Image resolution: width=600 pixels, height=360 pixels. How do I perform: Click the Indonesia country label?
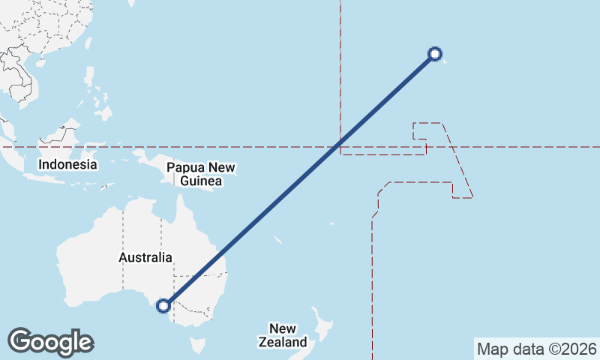click(68, 164)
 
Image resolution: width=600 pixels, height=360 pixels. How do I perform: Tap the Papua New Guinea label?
click(195, 174)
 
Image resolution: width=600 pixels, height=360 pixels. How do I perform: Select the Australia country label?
click(145, 257)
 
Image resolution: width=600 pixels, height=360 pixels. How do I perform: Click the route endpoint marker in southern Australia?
click(163, 305)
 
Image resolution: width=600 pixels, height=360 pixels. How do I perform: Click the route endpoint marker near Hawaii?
click(434, 53)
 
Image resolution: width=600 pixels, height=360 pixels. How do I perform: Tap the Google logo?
click(50, 341)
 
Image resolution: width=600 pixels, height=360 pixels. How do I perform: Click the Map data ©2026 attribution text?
click(536, 349)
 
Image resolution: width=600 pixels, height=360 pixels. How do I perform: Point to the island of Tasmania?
click(197, 346)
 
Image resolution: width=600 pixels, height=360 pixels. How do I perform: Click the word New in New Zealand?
click(283, 328)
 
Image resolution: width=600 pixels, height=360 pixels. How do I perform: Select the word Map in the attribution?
click(492, 349)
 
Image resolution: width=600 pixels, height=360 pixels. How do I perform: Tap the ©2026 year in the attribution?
click(573, 349)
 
